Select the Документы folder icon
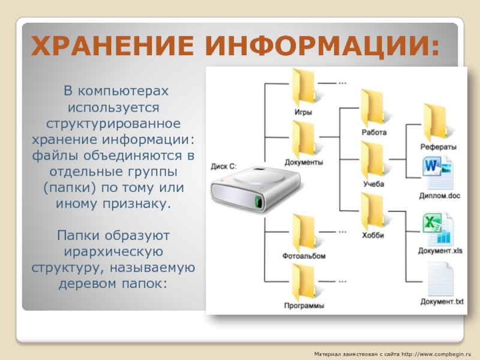click(x=304, y=139)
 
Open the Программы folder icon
click(x=304, y=283)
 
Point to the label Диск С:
click(x=224, y=165)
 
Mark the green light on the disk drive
click(x=259, y=200)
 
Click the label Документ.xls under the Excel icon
click(x=441, y=250)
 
